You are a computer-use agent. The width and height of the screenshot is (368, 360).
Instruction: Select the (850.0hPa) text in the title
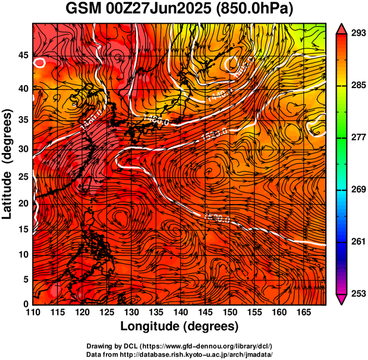(x=256, y=10)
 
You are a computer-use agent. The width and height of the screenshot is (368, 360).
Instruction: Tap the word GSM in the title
(x=83, y=10)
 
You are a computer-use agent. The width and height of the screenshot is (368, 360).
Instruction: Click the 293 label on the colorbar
(x=358, y=33)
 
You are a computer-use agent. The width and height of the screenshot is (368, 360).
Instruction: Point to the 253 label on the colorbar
(x=358, y=293)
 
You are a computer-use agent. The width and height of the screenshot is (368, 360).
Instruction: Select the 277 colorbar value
(x=358, y=137)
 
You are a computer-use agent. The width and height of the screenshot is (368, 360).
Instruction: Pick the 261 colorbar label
(x=358, y=242)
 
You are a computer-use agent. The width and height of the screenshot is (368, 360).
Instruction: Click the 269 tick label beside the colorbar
(x=358, y=190)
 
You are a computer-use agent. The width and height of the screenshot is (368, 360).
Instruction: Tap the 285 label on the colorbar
(x=358, y=86)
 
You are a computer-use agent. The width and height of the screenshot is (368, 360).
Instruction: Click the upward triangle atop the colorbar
(x=342, y=28)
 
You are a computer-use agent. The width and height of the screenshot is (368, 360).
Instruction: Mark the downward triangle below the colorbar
(x=342, y=299)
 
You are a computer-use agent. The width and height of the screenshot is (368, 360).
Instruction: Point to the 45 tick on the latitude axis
(x=23, y=55)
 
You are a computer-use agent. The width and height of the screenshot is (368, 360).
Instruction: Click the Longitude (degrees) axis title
(x=180, y=327)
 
